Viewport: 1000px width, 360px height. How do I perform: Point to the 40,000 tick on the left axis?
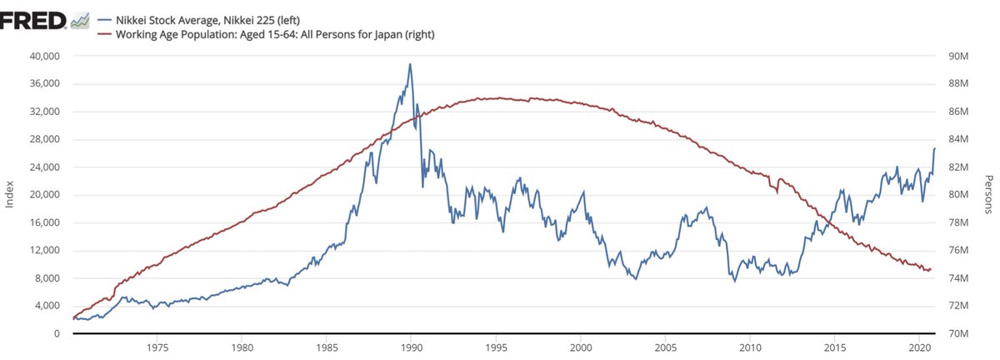(42, 56)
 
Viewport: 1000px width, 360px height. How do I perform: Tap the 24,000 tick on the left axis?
(42, 167)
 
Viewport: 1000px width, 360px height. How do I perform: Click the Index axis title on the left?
(10, 194)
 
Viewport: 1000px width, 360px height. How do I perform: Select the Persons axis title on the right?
(989, 194)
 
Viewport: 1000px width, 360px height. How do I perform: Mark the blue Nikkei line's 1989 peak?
(410, 64)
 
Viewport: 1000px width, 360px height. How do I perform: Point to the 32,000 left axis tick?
(42, 112)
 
